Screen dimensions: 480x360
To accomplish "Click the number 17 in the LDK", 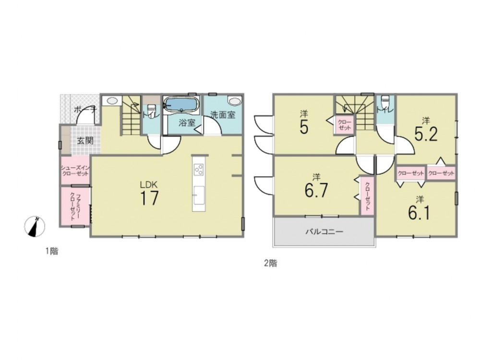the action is point(149,198).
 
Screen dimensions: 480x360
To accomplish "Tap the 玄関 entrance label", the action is point(85,141).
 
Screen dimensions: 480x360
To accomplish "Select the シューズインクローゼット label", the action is point(75,170).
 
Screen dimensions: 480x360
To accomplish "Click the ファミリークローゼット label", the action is point(75,206).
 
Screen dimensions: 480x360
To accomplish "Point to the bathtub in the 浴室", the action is point(180,105).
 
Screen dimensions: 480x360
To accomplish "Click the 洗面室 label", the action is point(223,115).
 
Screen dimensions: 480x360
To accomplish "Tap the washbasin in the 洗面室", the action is point(235,101).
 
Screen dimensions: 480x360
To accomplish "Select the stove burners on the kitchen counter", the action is point(198,169).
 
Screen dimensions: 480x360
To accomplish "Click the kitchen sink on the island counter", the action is point(198,194).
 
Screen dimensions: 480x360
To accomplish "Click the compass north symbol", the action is point(35,227).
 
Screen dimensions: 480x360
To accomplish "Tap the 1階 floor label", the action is point(52,252).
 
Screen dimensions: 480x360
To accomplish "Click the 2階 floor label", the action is point(271,263).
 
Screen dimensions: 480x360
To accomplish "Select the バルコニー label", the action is point(324,231).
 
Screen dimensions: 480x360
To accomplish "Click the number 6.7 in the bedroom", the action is point(316,191).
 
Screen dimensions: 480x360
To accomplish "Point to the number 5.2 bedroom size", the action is point(426,134).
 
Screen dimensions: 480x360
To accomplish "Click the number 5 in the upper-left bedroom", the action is point(304,127).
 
